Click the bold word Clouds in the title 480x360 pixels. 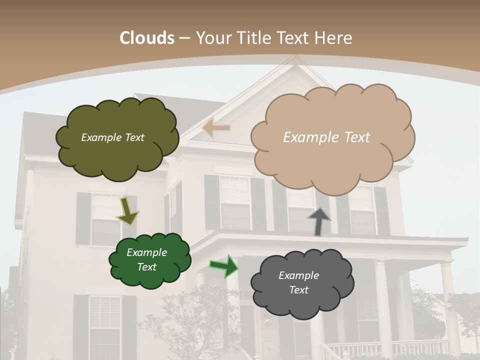pos(147,38)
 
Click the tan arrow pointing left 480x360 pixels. pos(216,128)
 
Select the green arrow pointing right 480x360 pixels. pos(224,266)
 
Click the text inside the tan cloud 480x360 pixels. pos(326,137)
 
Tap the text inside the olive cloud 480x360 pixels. pos(112,137)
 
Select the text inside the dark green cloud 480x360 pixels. pos(146,259)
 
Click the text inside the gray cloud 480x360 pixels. pos(298,282)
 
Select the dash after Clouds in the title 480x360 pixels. pos(184,38)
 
